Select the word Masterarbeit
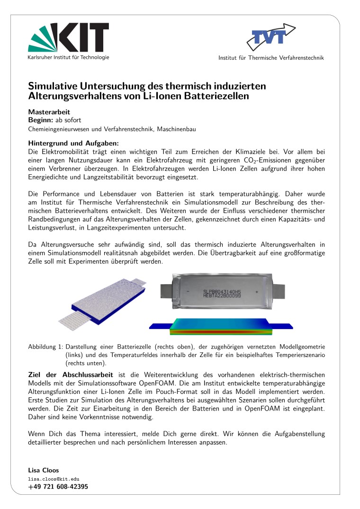click(49, 112)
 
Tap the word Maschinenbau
click(177, 129)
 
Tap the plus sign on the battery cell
click(257, 292)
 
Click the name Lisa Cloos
click(44, 471)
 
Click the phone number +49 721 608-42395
click(58, 487)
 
